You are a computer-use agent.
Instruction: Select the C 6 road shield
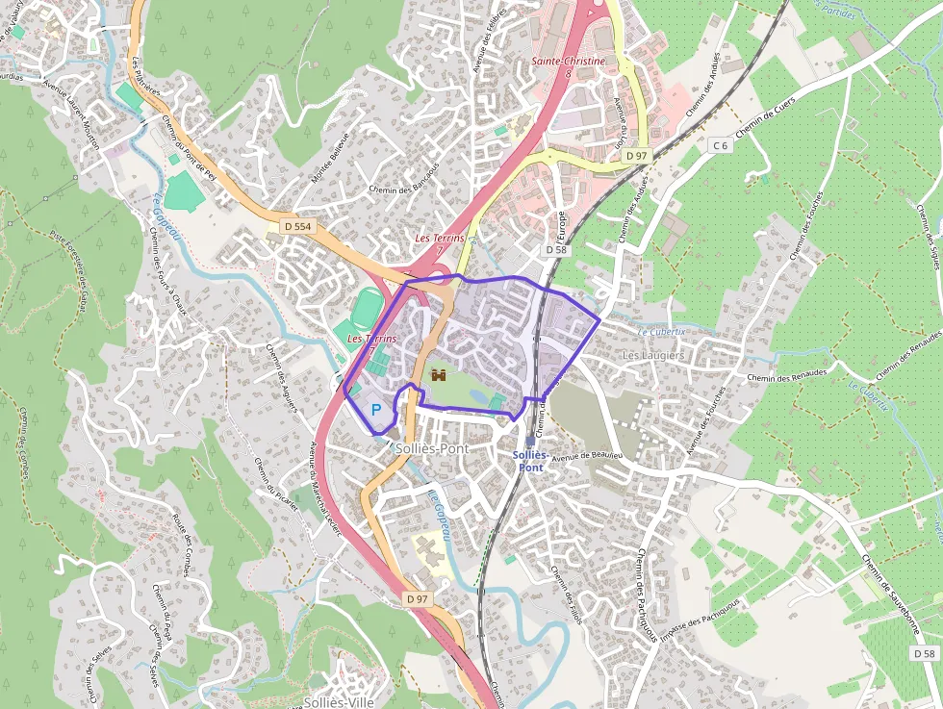pyautogui.click(x=720, y=144)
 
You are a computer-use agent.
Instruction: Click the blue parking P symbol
pyautogui.click(x=376, y=409)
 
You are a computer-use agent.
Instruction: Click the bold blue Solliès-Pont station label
pyautogui.click(x=530, y=461)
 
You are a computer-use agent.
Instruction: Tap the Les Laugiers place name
pyautogui.click(x=653, y=355)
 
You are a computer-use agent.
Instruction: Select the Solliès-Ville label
pyautogui.click(x=338, y=701)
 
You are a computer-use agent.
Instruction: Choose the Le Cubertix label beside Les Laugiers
pyautogui.click(x=662, y=330)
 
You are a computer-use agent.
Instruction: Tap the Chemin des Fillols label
pyautogui.click(x=566, y=595)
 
